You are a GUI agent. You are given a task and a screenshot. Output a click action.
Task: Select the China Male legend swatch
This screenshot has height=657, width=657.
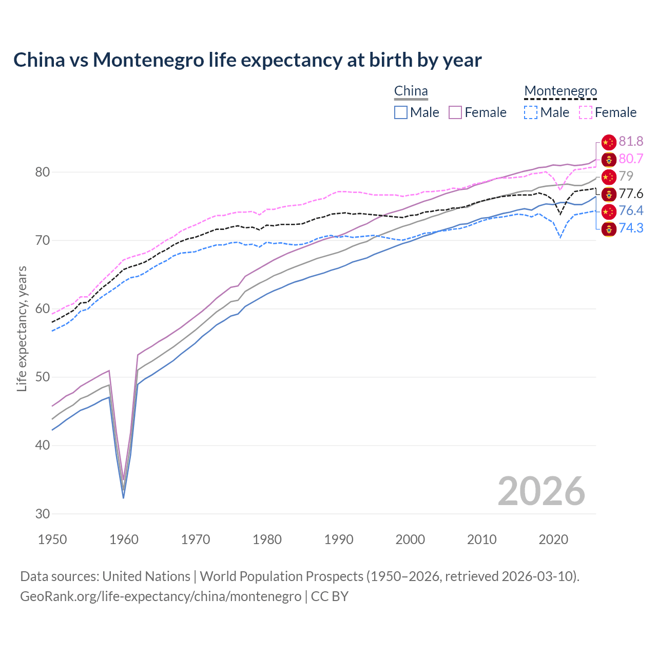[401, 112]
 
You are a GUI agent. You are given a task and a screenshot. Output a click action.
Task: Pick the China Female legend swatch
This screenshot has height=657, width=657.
[456, 112]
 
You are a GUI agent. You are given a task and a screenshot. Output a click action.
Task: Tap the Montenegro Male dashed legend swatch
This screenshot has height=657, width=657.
[531, 112]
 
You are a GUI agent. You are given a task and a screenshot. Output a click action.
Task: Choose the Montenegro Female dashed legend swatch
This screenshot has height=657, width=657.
[586, 112]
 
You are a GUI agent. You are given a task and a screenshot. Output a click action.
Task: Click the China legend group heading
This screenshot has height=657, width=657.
[411, 91]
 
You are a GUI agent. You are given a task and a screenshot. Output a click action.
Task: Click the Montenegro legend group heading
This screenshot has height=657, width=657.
[561, 91]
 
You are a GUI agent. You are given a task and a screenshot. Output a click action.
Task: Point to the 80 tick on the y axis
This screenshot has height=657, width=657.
[43, 172]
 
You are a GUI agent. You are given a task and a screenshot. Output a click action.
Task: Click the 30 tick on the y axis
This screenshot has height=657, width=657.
[43, 514]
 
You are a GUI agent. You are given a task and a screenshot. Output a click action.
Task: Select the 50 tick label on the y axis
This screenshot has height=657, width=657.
[43, 377]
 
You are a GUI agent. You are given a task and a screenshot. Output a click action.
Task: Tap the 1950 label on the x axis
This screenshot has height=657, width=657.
[52, 539]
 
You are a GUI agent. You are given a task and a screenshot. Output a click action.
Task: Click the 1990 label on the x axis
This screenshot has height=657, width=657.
[339, 539]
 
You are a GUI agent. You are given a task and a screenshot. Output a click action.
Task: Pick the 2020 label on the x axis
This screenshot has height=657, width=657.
[553, 539]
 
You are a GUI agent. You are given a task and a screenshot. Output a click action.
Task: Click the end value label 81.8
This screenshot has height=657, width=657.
[631, 142]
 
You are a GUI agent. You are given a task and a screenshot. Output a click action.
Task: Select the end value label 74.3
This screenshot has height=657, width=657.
[631, 228]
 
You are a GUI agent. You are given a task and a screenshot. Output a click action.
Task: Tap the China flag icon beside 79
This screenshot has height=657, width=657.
[609, 177]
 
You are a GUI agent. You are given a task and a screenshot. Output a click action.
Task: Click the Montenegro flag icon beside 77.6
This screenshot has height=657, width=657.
[609, 194]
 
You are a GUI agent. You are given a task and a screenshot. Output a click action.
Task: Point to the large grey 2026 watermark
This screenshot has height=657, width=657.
[541, 491]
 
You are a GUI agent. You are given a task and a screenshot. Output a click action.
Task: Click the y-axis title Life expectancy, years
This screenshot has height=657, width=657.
[22, 328]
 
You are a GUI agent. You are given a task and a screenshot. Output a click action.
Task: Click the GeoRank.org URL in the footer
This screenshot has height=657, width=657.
[161, 596]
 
